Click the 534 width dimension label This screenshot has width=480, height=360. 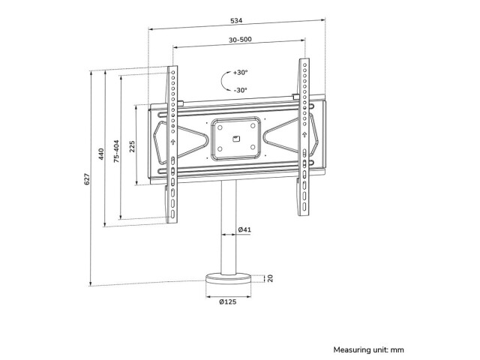click(x=236, y=20)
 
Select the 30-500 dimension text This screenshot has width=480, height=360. click(x=240, y=40)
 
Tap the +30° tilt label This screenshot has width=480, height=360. click(x=240, y=73)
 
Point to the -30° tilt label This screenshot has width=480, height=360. click(x=240, y=90)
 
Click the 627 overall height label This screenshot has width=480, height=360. click(x=87, y=179)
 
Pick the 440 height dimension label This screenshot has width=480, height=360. click(x=101, y=154)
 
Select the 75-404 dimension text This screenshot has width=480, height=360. click(x=116, y=151)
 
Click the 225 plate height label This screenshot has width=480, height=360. click(x=132, y=147)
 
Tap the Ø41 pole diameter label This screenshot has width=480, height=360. click(x=244, y=229)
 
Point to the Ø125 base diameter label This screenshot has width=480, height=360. click(x=228, y=301)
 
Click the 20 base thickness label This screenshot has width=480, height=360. click(x=270, y=278)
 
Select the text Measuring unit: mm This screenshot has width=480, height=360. click(x=368, y=349)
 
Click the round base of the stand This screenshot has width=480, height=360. click(x=228, y=278)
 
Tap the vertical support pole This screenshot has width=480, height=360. click(x=229, y=228)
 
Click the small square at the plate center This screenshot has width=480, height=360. click(x=236, y=139)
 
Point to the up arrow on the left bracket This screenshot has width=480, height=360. click(x=172, y=142)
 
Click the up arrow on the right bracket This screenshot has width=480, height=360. click(x=304, y=135)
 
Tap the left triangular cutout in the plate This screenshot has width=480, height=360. click(x=181, y=139)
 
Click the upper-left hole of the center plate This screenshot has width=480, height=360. click(x=220, y=127)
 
